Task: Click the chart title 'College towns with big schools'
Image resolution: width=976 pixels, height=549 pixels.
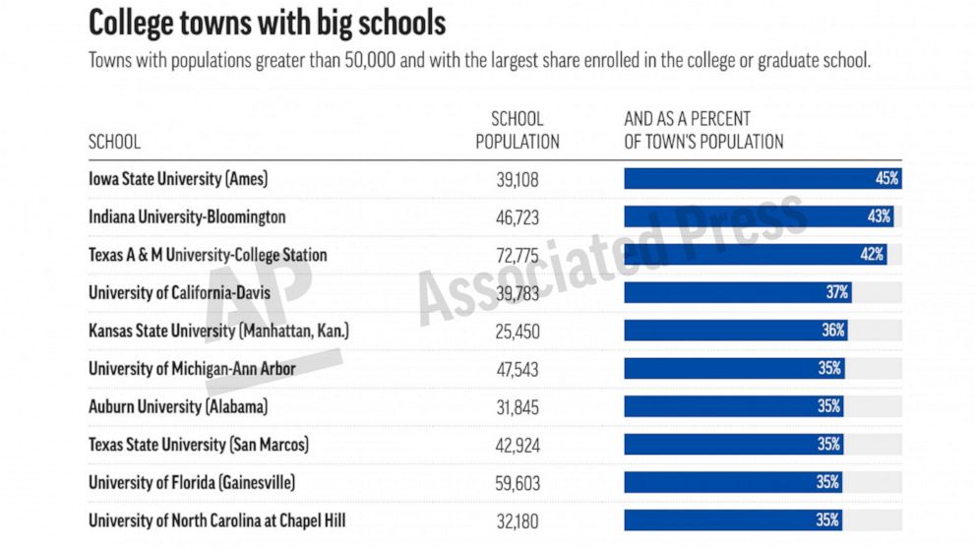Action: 267,23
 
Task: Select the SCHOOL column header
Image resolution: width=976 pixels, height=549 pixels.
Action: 114,142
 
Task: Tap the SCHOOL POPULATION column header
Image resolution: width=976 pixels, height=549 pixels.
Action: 518,131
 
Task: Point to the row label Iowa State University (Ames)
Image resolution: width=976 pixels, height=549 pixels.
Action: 178,179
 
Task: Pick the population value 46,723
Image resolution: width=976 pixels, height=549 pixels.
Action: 518,217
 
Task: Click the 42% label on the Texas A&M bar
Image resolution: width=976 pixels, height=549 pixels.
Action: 873,255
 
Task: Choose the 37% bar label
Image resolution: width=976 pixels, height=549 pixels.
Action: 837,292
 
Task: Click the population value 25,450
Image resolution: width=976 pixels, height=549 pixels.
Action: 518,332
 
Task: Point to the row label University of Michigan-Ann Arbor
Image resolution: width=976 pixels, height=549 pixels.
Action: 192,369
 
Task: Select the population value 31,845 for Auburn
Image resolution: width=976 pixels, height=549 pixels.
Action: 518,407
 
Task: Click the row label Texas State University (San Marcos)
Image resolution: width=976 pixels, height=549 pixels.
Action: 199,445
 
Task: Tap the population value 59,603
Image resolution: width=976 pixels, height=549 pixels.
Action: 518,483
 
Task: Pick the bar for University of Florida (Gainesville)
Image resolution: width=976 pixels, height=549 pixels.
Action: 733,482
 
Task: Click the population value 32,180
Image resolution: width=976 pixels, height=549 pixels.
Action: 518,521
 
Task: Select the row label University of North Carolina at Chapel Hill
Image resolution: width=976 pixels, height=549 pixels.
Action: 217,520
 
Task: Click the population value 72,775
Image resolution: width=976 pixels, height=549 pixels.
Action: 518,256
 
